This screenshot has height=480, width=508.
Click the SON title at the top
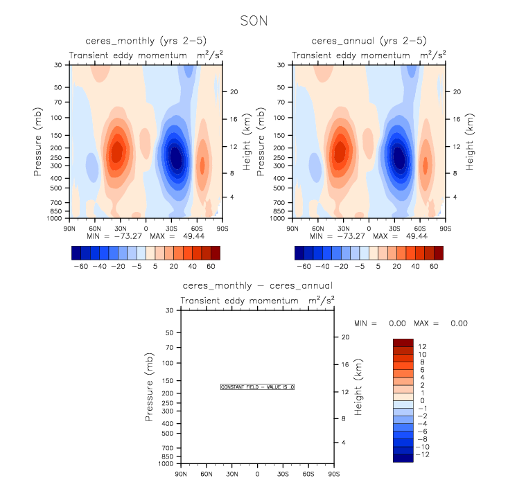[253, 21]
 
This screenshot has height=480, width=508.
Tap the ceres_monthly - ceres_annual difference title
[257, 285]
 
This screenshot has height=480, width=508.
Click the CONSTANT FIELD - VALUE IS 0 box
[257, 386]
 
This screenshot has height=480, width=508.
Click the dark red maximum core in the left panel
[117, 149]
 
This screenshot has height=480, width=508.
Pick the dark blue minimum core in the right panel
[398, 157]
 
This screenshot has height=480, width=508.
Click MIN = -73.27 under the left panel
[112, 236]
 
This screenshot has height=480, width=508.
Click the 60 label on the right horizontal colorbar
[435, 266]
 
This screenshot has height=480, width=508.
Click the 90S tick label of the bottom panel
[333, 474]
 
